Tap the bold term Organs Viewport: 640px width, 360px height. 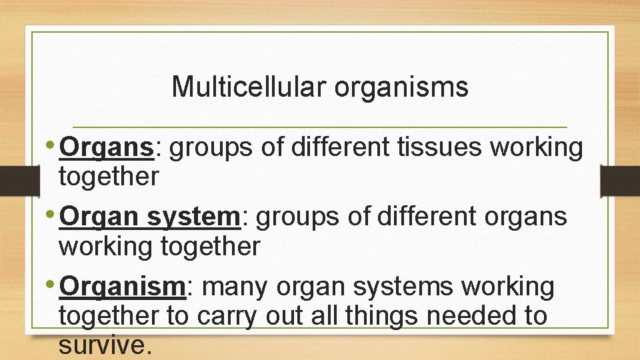[x=107, y=148]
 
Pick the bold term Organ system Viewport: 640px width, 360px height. [x=149, y=217]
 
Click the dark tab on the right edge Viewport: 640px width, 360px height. [x=621, y=181]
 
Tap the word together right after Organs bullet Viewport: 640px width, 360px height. [x=109, y=177]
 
